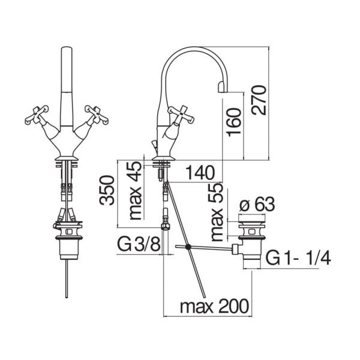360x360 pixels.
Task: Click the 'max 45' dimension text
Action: pos(136,191)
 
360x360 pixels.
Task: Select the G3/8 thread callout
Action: pos(138,246)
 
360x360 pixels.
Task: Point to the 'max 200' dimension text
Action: pos(213,307)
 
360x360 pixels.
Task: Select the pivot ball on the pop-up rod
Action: pos(189,247)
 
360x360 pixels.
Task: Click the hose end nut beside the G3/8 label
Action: pos(166,227)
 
